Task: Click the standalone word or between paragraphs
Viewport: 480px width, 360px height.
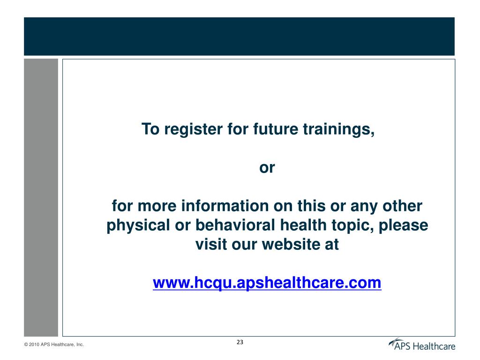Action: [x=267, y=168]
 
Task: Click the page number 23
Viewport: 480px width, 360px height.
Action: [x=240, y=342]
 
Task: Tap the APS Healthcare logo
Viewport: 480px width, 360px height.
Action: [x=421, y=345]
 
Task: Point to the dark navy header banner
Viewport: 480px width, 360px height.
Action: [x=239, y=36]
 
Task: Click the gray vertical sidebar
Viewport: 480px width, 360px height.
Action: [x=41, y=197]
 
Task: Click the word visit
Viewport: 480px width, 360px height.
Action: [x=211, y=245]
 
